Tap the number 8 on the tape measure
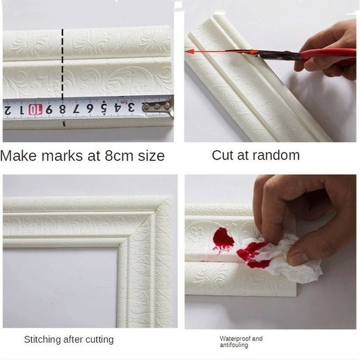pyautogui.click(x=62, y=109)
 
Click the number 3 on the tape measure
pyautogui.click(x=131, y=107)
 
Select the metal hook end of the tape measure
pyautogui.click(x=159, y=107)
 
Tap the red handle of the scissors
pyautogui.click(x=328, y=55)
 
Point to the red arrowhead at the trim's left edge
pyautogui.click(x=190, y=51)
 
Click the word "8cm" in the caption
pyautogui.click(x=119, y=156)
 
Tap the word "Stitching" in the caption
pyautogui.click(x=42, y=340)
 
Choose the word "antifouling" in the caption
pyautogui.click(x=234, y=345)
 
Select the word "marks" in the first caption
pyautogui.click(x=62, y=156)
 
